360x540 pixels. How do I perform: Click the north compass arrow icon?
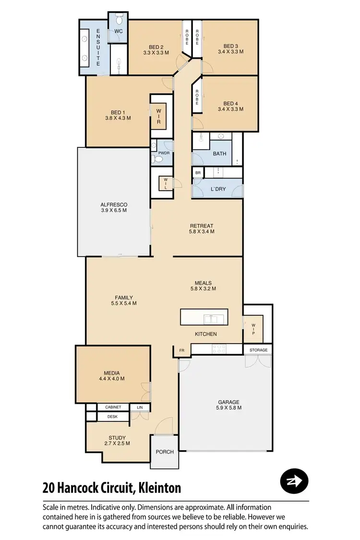294,480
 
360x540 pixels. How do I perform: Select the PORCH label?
164,452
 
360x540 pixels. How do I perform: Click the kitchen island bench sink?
210,318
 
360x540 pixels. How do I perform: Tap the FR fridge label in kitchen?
182,351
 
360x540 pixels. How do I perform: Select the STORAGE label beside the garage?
258,350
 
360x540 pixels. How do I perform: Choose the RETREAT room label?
202,226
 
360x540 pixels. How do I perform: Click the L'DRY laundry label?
218,190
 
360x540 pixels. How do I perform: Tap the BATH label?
220,154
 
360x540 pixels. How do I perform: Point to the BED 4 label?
230,104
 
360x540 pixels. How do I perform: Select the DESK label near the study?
112,417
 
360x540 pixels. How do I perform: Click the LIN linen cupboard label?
140,408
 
